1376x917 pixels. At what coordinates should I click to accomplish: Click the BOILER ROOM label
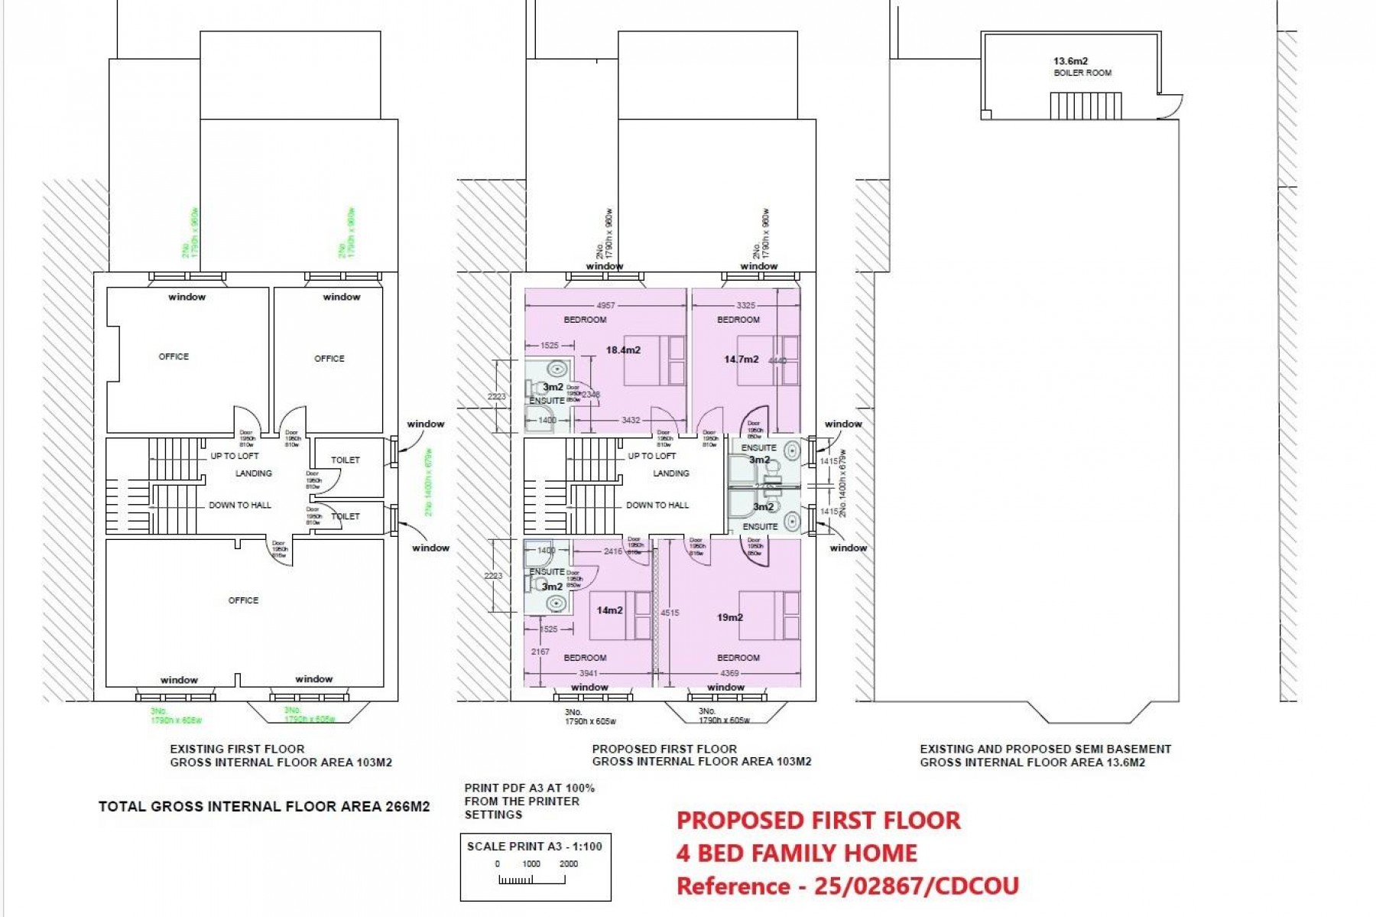click(1082, 73)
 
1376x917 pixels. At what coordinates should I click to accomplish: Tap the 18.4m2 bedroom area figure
click(623, 350)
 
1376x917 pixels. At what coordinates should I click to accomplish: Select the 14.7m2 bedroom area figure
click(741, 359)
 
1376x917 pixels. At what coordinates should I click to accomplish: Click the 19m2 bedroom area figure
click(730, 617)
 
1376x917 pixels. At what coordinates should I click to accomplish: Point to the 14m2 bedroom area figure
click(609, 610)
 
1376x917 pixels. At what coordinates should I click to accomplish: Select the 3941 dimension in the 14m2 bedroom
click(588, 673)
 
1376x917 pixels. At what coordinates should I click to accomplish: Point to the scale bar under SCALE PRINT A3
click(532, 880)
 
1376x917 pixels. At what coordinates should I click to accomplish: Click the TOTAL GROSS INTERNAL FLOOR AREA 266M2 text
click(264, 806)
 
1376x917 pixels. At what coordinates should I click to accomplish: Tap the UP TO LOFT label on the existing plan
click(234, 456)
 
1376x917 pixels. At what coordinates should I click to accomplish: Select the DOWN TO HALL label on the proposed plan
click(657, 506)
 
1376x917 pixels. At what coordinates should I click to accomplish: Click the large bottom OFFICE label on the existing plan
click(243, 600)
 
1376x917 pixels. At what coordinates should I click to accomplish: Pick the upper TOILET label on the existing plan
click(345, 460)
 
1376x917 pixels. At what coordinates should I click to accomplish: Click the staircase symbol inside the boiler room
click(1086, 106)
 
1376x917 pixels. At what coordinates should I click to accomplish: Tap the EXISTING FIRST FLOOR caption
click(237, 749)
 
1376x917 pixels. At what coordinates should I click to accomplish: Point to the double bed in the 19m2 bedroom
click(768, 615)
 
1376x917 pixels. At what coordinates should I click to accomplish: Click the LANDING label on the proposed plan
click(671, 473)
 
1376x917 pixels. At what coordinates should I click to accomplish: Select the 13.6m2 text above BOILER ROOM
click(1070, 61)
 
